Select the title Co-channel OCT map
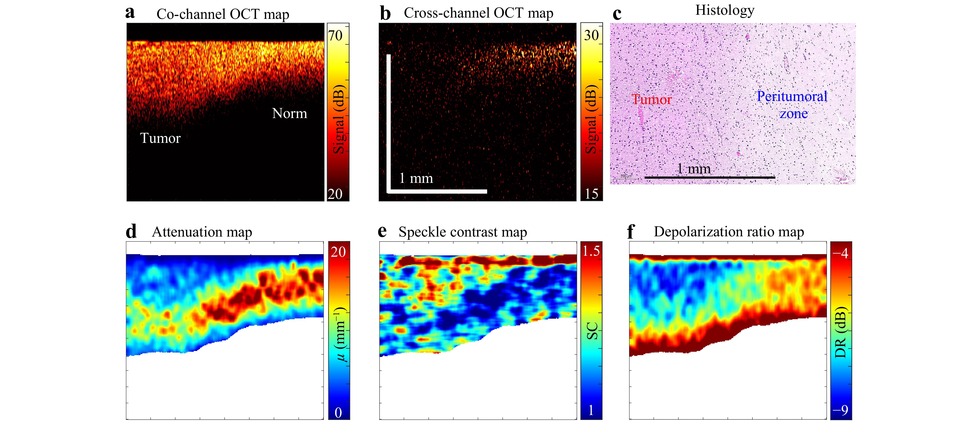tap(223, 14)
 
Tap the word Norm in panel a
tap(290, 113)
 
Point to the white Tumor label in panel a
tap(160, 138)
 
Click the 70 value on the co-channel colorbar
tap(335, 36)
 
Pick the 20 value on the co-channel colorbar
tap(335, 194)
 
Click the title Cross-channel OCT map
tap(478, 13)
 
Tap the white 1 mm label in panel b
tap(416, 178)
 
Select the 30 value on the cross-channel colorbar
tap(591, 35)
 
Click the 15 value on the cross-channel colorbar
tap(591, 194)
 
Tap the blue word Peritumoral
tap(792, 96)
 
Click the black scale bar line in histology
tap(710, 177)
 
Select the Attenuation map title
tap(202, 232)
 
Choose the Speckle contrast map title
tap(462, 232)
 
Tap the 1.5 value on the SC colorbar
tap(591, 251)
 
